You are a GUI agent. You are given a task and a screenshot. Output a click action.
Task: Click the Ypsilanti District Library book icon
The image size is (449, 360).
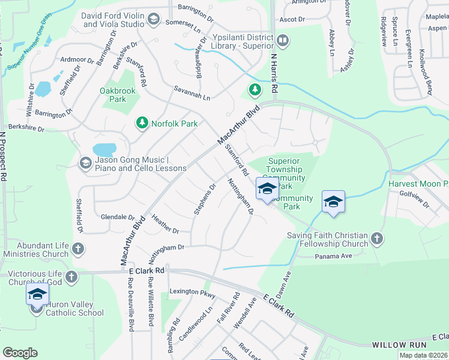click(283, 41)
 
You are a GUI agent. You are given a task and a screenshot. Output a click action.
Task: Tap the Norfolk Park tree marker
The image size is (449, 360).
click(142, 124)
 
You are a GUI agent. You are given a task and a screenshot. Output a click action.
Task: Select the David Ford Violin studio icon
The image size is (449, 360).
click(153, 20)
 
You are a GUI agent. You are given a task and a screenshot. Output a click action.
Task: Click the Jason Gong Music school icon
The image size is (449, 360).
click(86, 163)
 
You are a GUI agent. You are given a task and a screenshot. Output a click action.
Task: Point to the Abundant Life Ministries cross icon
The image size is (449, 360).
click(77, 248)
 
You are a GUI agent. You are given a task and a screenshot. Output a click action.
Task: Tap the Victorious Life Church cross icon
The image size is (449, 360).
click(71, 277)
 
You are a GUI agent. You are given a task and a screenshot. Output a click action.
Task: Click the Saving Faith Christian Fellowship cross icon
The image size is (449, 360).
click(376, 239)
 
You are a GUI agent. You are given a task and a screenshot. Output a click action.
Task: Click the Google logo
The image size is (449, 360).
click(20, 353)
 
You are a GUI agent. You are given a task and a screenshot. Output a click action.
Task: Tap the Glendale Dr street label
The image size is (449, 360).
click(118, 217)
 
